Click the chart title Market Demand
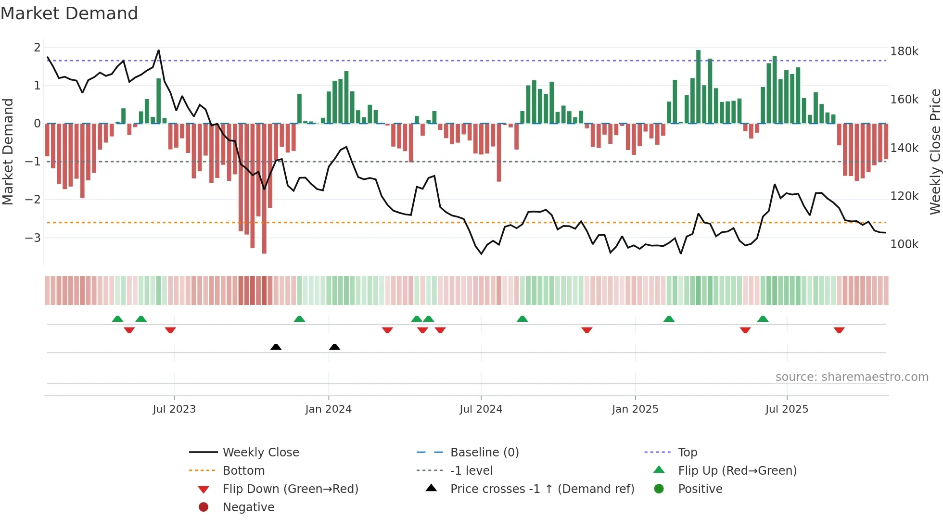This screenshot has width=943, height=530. point(69,13)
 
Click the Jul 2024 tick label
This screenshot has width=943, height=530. point(481,409)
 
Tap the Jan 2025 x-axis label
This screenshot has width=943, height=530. point(635,409)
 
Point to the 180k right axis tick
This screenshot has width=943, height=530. point(904,51)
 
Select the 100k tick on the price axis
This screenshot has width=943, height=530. point(904,244)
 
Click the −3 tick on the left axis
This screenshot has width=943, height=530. point(33,238)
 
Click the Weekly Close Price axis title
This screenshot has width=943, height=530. point(934,151)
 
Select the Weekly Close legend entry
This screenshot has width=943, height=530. point(260,453)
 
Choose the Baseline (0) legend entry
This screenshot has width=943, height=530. point(484,453)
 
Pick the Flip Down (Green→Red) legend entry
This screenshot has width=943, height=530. point(290,489)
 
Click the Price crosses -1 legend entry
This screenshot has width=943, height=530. point(542,489)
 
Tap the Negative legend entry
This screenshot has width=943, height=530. point(248,507)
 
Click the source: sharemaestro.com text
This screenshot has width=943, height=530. point(852,377)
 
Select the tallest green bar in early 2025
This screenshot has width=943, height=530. point(698,87)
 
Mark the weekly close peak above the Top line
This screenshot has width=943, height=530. point(159,50)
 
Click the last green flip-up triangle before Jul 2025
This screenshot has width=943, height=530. point(763,319)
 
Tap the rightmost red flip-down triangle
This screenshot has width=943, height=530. point(839,330)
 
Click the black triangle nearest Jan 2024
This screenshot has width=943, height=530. point(335,347)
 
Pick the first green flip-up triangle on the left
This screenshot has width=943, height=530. point(117,319)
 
